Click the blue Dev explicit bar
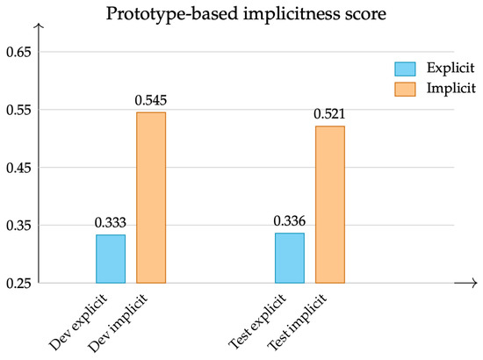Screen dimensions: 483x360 click(x=111, y=259)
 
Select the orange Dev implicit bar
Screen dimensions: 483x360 click(x=151, y=198)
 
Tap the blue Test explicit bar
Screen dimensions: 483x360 click(x=290, y=258)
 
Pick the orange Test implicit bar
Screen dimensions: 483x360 click(x=330, y=205)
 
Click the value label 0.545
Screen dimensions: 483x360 click(x=151, y=100)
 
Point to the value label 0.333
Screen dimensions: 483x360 click(x=111, y=223)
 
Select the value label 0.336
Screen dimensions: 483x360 click(x=289, y=220)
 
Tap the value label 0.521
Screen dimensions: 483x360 click(x=329, y=114)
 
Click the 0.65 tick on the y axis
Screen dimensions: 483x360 click(x=18, y=52)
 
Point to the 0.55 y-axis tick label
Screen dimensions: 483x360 click(x=18, y=110)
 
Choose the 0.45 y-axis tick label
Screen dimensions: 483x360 click(x=18, y=168)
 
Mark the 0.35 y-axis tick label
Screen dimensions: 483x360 click(x=18, y=226)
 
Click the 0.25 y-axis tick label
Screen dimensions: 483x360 click(x=18, y=284)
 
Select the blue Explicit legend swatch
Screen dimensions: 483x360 click(x=405, y=68)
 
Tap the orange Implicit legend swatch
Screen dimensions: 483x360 click(x=405, y=90)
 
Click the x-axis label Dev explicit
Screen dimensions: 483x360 click(x=78, y=322)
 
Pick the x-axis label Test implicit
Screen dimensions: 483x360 click(x=297, y=322)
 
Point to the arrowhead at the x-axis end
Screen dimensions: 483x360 click(x=473, y=283)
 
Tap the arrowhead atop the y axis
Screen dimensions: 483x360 click(x=39, y=25)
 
